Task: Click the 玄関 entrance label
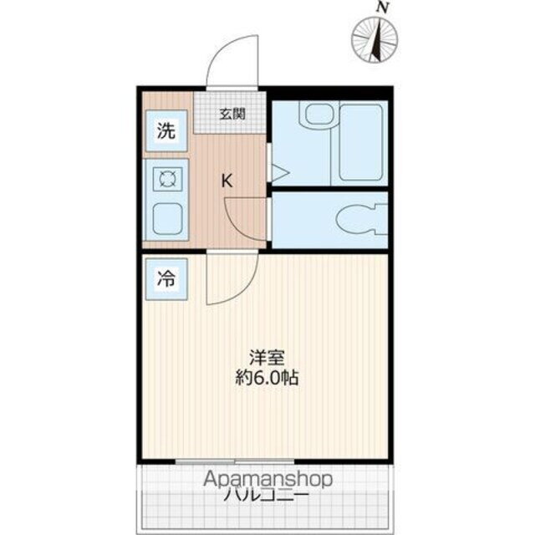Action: click(232, 115)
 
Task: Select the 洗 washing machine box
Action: click(167, 130)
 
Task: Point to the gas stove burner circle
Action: click(167, 179)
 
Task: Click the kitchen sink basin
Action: click(167, 219)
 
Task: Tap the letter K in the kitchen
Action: click(227, 179)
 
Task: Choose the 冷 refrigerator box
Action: click(167, 279)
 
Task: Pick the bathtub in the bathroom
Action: click(360, 142)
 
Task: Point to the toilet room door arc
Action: click(244, 219)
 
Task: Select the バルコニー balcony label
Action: click(267, 495)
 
